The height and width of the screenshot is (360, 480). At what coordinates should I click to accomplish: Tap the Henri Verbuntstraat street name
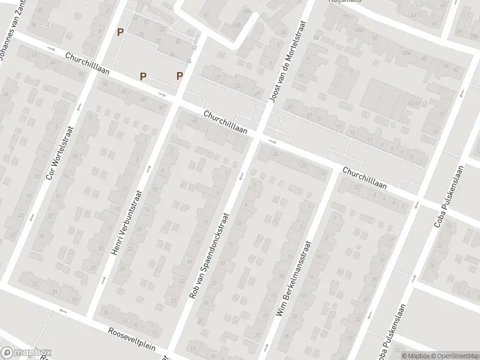(x=129, y=223)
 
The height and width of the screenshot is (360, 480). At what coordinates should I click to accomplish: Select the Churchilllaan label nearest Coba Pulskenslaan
(x=364, y=179)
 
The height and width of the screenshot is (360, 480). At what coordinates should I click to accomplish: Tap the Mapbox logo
(x=26, y=353)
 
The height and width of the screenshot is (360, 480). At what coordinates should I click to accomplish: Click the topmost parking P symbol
(x=121, y=32)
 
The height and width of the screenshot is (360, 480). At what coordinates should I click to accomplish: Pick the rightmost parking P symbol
(x=179, y=76)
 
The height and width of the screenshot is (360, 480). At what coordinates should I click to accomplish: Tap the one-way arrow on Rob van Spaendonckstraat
(x=241, y=176)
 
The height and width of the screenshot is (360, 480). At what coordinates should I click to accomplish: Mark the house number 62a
(x=407, y=52)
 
